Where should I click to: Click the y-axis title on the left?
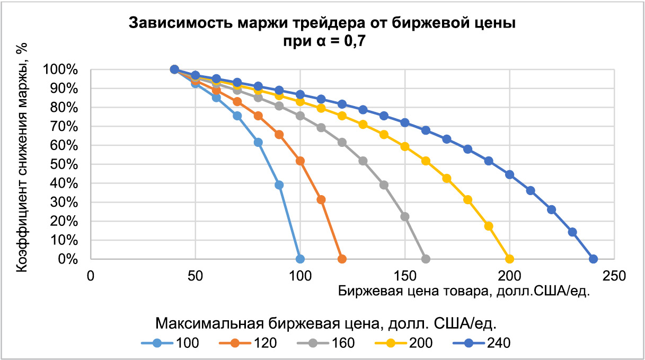(x=22, y=159)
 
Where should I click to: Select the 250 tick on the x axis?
(x=614, y=276)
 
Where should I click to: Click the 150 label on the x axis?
(x=405, y=276)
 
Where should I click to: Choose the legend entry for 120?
(x=247, y=343)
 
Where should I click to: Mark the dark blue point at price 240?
(x=593, y=259)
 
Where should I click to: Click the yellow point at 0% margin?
(x=509, y=259)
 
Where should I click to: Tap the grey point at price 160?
(x=426, y=259)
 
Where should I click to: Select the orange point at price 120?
(x=342, y=259)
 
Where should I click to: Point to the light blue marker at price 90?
(x=279, y=185)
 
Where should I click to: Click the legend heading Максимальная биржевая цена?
(x=329, y=322)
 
